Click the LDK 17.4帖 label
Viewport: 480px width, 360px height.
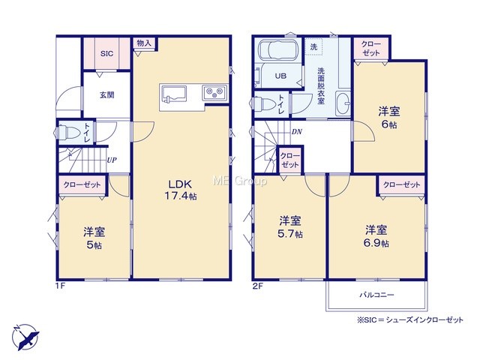[x=181, y=190]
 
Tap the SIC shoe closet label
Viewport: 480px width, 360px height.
[x=106, y=54]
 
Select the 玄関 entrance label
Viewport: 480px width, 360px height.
[x=106, y=95]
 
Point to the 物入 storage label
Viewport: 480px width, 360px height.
[x=144, y=43]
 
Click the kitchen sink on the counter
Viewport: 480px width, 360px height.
[x=174, y=93]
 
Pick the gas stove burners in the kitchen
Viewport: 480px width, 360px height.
[x=214, y=92]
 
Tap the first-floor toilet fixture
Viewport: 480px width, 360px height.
[x=67, y=133]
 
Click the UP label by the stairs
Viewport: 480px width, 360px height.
[x=112, y=160]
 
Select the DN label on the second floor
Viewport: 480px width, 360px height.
[x=297, y=132]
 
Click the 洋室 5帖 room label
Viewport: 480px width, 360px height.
[x=94, y=238]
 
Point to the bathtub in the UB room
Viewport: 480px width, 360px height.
[x=277, y=49]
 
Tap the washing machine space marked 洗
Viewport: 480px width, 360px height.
[x=313, y=46]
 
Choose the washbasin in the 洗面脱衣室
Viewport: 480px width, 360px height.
[x=343, y=103]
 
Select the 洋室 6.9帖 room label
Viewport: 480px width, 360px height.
[x=376, y=236]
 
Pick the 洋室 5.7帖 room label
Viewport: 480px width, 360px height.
[x=290, y=226]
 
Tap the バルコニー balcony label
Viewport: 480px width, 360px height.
[x=376, y=295]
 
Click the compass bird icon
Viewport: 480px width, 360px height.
[x=25, y=337]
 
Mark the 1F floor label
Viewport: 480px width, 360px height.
[x=60, y=286]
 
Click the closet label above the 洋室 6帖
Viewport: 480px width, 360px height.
[x=371, y=48]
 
